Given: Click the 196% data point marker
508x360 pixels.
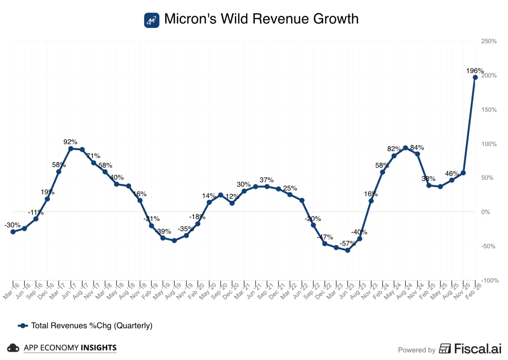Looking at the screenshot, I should click(475, 77).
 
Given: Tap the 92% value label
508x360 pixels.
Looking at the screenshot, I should click(70, 142).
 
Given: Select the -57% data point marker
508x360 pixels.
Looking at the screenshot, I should click(348, 250).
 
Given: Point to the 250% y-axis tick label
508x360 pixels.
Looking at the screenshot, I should click(489, 41).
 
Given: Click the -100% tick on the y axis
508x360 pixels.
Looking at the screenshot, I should click(490, 280).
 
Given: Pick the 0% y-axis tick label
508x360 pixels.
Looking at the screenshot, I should click(485, 212).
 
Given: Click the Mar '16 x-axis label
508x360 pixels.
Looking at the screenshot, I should click(10, 291).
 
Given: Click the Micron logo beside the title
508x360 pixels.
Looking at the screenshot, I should click(152, 20).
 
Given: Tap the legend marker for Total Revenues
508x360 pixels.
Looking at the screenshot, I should click(23, 326).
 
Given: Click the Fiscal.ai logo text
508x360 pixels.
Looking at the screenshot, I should click(477, 348).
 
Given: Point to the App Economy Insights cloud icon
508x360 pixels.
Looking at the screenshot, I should click(13, 348).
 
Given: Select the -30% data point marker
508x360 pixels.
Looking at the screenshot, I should click(13, 232).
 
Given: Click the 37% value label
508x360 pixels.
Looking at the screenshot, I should click(267, 180).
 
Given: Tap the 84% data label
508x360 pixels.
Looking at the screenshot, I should click(417, 148).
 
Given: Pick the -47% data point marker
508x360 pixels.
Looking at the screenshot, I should click(325, 243).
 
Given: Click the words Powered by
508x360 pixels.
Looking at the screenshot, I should click(417, 350).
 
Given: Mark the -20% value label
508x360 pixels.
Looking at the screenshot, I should click(313, 219).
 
